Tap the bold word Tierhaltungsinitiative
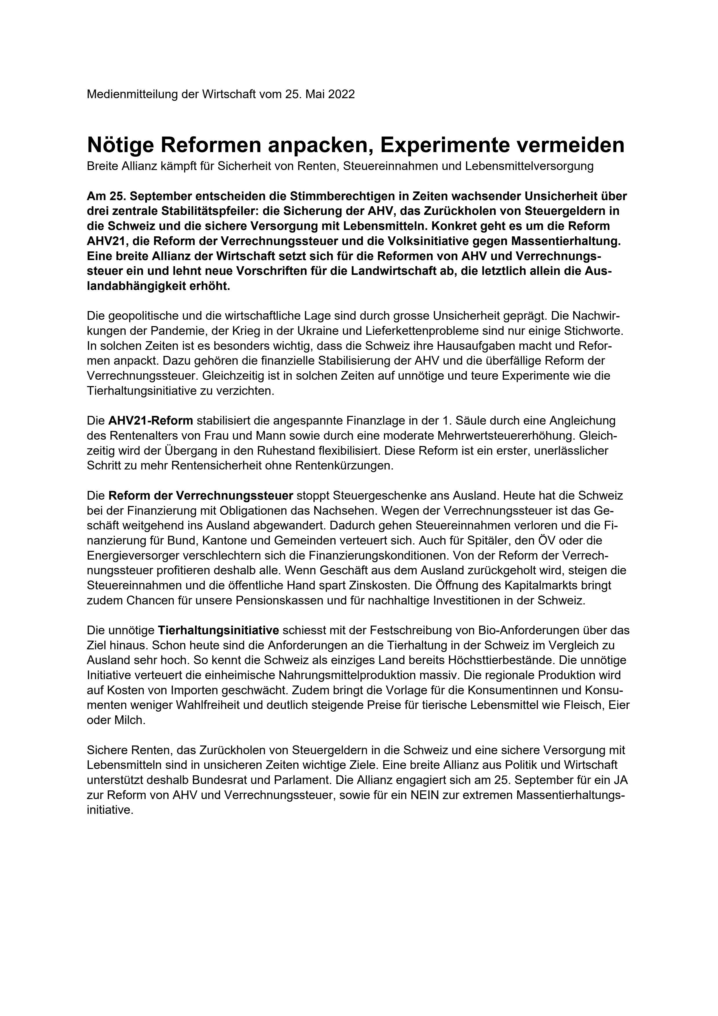pos(218,630)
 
